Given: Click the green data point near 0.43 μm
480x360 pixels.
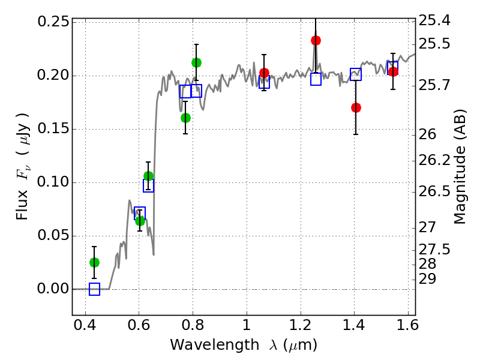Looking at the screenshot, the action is pyautogui.click(x=94, y=262).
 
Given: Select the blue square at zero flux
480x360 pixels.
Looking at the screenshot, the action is pyautogui.click(x=94, y=289).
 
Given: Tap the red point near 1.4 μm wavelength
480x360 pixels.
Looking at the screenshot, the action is pyautogui.click(x=356, y=108).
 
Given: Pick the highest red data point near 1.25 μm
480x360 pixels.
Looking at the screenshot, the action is pyautogui.click(x=316, y=40).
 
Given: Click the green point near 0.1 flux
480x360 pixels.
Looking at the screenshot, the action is pyautogui.click(x=148, y=176).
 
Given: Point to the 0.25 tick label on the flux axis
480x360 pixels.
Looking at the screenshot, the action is pyautogui.click(x=53, y=22).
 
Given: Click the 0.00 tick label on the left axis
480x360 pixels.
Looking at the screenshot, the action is pyautogui.click(x=53, y=289).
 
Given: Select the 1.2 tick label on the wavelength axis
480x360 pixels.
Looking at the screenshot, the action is pyautogui.click(x=301, y=325).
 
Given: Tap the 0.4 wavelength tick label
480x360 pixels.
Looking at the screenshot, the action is pyautogui.click(x=85, y=325).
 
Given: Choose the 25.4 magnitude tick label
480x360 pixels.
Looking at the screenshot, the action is pyautogui.click(x=434, y=20).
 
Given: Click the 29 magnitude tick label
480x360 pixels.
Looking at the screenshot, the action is pyautogui.click(x=427, y=279).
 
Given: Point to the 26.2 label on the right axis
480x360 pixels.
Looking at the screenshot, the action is pyautogui.click(x=434, y=160).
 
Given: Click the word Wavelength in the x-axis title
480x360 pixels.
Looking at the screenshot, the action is pyautogui.click(x=215, y=345).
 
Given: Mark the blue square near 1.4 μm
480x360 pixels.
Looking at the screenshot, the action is pyautogui.click(x=356, y=74).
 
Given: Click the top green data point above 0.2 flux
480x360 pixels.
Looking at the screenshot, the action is pyautogui.click(x=196, y=63).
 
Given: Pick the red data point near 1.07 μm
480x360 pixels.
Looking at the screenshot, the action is pyautogui.click(x=264, y=73).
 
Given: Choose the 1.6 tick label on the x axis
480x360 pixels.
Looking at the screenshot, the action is pyautogui.click(x=407, y=325).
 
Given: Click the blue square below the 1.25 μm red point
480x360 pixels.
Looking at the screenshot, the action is pyautogui.click(x=316, y=79).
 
